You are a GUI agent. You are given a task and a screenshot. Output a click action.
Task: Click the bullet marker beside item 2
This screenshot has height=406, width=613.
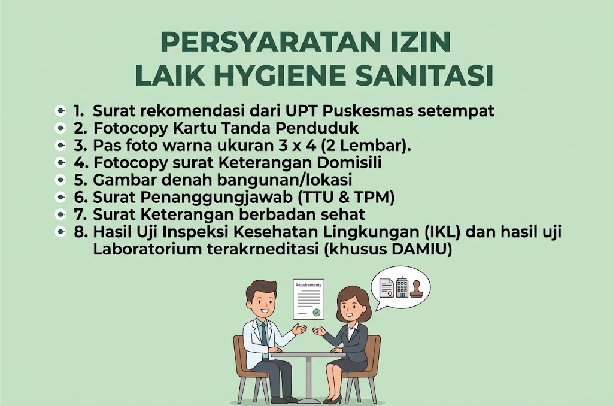[x=60, y=128]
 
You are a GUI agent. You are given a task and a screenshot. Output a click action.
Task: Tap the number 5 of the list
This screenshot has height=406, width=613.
[x=80, y=180]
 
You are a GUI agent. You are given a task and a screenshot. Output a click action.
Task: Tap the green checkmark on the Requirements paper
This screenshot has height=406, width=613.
[x=316, y=313]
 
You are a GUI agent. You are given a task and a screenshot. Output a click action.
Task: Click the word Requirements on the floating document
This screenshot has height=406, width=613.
[x=308, y=285]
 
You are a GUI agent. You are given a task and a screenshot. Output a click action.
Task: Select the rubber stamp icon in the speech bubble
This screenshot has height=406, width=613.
[x=416, y=289]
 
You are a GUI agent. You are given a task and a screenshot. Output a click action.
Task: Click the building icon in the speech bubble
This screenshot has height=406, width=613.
[x=402, y=287]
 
